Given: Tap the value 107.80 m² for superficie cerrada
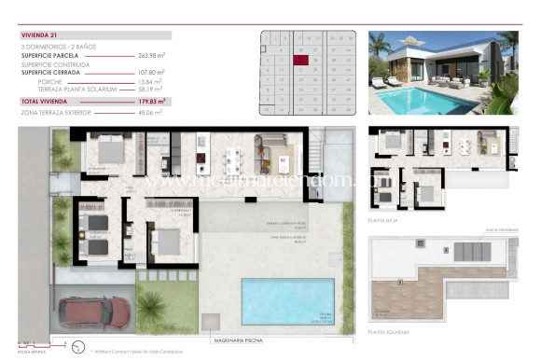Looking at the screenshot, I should coord(151,73).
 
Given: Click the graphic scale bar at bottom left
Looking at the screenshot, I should coord(35,341).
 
